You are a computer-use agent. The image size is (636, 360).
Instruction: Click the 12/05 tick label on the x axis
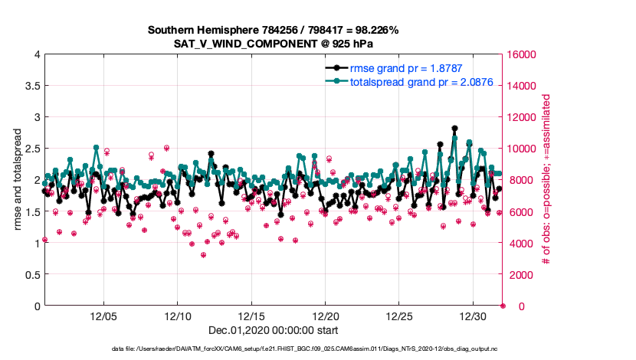(x=103, y=316)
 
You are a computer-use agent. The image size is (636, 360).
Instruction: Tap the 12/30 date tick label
(x=474, y=316)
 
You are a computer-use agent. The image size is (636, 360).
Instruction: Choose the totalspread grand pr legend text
(x=415, y=80)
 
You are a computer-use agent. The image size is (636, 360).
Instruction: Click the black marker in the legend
(x=336, y=67)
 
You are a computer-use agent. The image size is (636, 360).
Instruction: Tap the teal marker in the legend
(x=336, y=80)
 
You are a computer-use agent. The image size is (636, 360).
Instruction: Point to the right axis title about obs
(x=546, y=180)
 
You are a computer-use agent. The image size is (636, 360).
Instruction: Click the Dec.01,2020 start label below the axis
(x=274, y=330)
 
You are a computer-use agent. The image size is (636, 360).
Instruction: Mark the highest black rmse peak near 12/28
(x=454, y=129)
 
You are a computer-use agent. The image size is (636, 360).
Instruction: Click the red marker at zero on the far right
(x=503, y=306)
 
